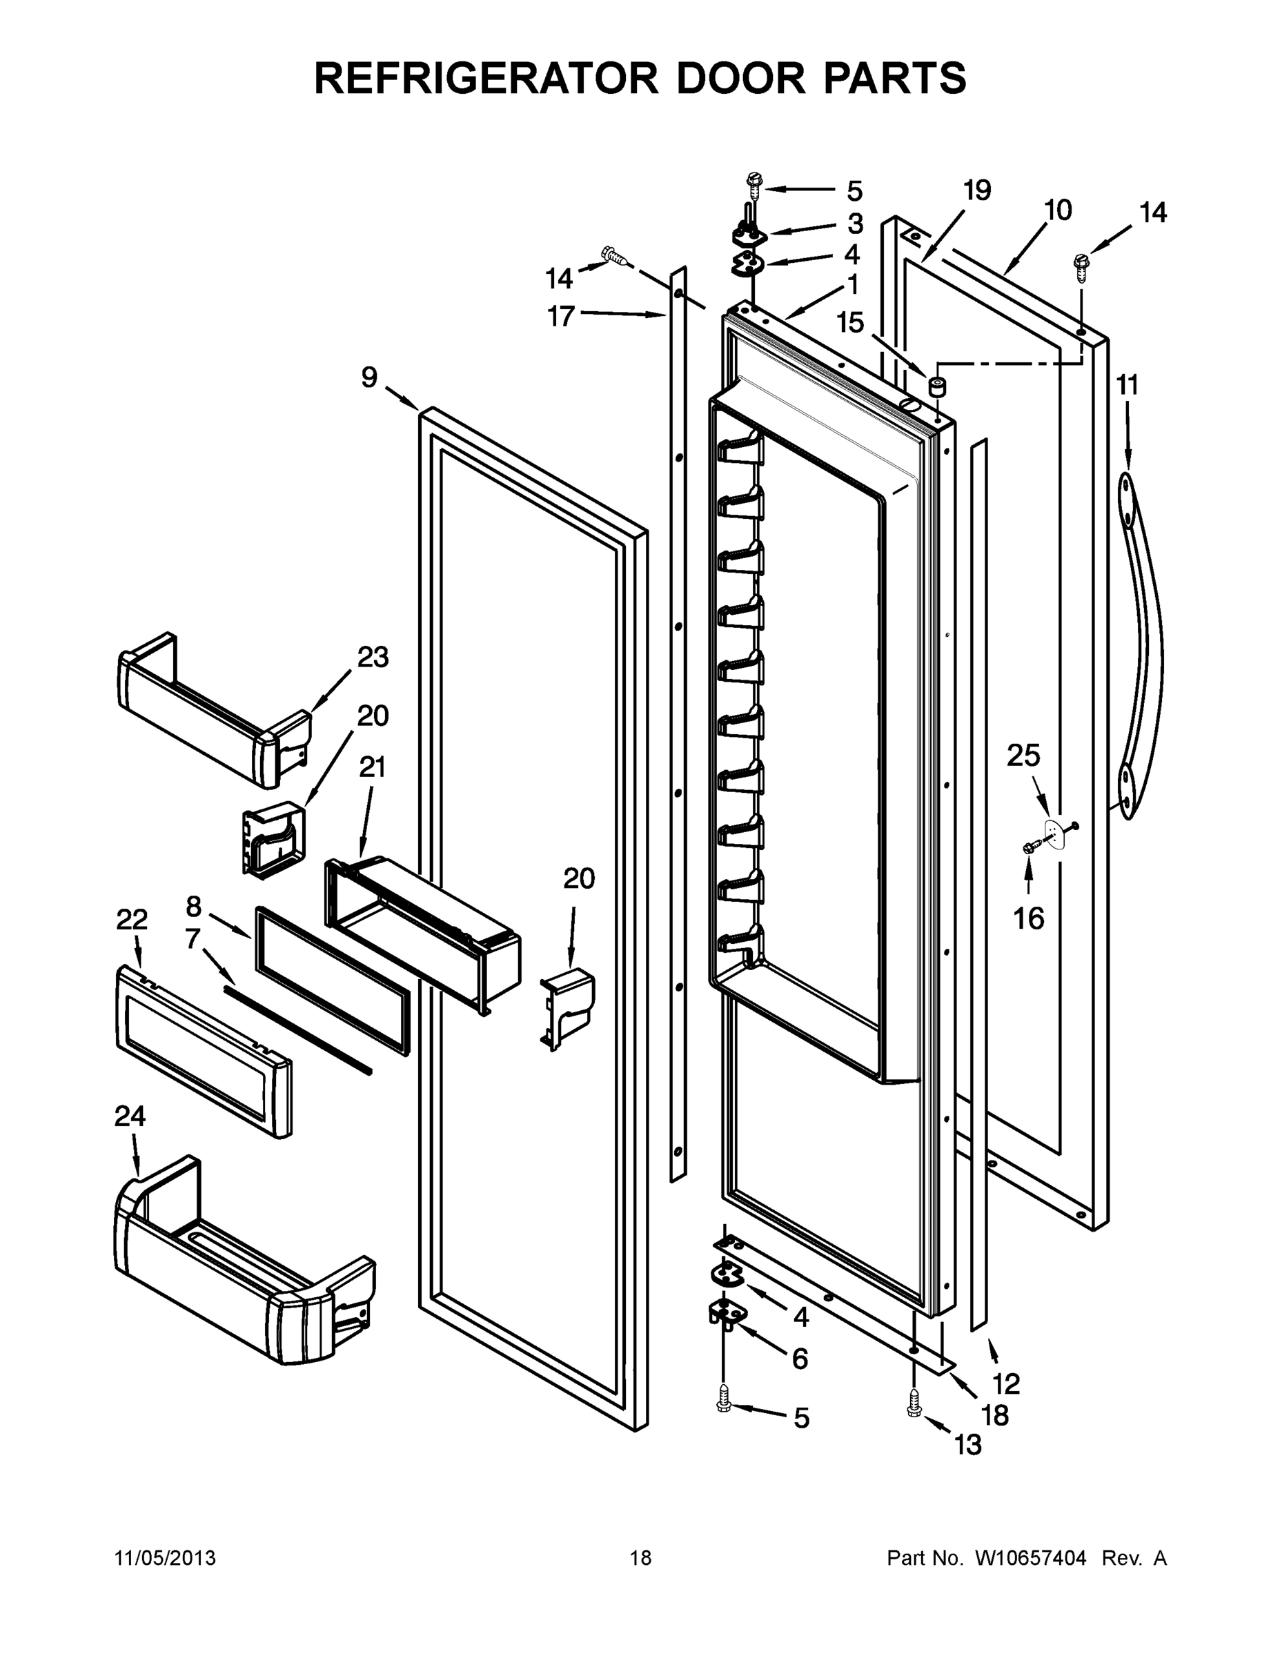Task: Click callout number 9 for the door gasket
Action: tap(369, 377)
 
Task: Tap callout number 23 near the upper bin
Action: tap(373, 657)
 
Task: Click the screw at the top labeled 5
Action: tap(754, 182)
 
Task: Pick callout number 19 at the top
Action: tap(976, 190)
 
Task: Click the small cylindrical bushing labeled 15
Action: tap(938, 386)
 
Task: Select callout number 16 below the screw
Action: tap(1029, 919)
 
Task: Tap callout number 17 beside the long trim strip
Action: tap(561, 316)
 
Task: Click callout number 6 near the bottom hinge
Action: tap(800, 1359)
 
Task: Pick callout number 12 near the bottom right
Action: tap(1006, 1383)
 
